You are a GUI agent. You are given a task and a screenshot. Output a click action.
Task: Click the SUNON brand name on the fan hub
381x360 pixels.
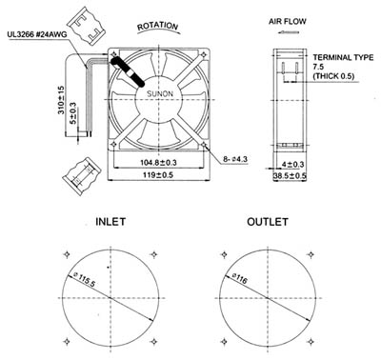point(160,93)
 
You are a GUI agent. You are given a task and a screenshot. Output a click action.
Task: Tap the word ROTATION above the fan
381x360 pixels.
point(158,27)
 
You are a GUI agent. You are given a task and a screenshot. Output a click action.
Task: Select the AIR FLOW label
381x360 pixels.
point(288,22)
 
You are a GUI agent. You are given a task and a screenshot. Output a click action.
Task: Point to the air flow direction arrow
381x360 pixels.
point(288,32)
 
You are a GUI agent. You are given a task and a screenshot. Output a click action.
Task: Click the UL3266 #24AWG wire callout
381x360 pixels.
point(37,34)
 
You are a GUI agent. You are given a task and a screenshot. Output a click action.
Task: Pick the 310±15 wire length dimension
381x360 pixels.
point(61,100)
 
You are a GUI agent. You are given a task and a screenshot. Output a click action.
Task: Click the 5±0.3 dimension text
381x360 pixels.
point(73,113)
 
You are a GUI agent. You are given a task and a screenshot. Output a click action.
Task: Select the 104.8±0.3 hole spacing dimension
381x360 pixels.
point(158,163)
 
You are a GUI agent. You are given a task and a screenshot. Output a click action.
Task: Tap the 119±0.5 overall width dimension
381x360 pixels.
point(158,175)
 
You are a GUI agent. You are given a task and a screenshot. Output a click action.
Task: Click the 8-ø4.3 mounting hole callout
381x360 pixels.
point(235,159)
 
